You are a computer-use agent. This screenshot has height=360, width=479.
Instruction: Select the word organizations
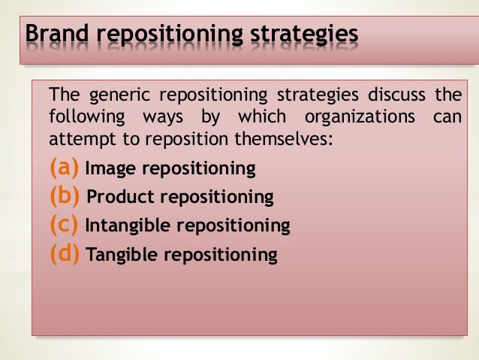(x=360, y=118)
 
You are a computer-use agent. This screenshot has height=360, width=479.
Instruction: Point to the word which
(x=261, y=118)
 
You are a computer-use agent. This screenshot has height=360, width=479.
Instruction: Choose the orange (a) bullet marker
(x=65, y=168)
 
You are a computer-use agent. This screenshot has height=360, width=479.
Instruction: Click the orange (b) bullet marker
(x=65, y=196)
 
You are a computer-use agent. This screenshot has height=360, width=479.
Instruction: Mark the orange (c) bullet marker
(x=65, y=225)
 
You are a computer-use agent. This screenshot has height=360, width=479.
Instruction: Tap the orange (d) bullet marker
(x=65, y=254)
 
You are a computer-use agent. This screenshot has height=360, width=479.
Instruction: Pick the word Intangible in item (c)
(x=125, y=225)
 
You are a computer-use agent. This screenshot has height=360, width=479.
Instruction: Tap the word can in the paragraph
(x=448, y=118)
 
